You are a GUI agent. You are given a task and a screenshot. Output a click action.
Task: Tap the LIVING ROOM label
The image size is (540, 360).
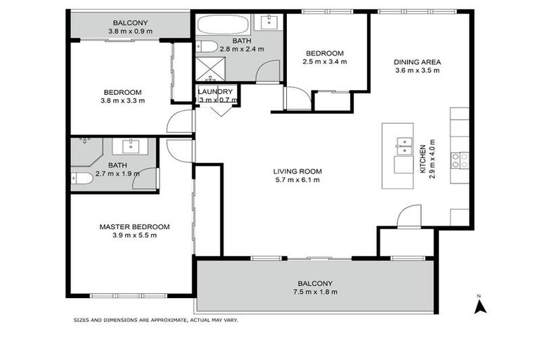pyautogui.click(x=298, y=171)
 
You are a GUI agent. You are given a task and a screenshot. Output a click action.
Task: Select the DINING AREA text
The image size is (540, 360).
pyautogui.click(x=417, y=61)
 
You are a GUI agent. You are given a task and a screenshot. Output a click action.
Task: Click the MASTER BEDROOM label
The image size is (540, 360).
pyautogui.click(x=134, y=226)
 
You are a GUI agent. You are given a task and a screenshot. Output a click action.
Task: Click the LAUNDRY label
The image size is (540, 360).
pyautogui.click(x=215, y=91)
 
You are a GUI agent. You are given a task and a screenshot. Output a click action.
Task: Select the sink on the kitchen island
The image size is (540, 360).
pyautogui.click(x=405, y=146)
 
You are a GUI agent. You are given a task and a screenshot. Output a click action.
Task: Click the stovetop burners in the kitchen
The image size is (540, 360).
pyautogui.click(x=460, y=160)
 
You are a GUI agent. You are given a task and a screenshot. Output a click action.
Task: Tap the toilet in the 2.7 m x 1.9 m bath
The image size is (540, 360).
pyautogui.click(x=82, y=179)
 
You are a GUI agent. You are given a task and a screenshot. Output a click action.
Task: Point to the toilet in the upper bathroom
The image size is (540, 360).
pyautogui.click(x=207, y=47)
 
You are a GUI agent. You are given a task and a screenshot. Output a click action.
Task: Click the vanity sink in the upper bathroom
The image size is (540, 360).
pyautogui.click(x=271, y=22)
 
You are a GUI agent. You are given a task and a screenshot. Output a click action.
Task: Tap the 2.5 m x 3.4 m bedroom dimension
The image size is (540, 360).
pyautogui.click(x=325, y=62)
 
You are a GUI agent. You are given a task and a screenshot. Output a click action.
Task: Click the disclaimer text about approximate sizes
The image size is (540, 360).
pyautogui.click(x=156, y=320)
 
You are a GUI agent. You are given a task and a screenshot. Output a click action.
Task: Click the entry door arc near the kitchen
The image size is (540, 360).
pyautogui.click(x=409, y=217)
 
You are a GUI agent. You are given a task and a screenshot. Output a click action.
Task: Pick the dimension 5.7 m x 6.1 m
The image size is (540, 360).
pyautogui.click(x=298, y=180)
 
